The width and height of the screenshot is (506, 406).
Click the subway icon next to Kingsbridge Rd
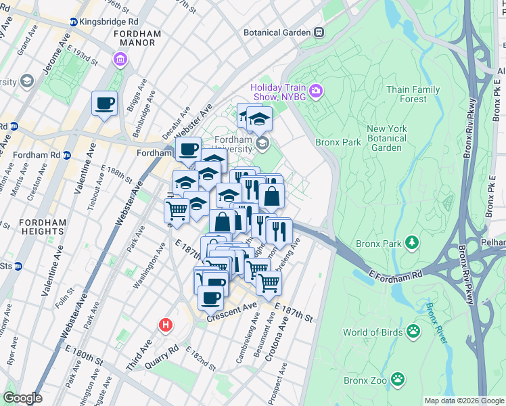(x=73, y=22)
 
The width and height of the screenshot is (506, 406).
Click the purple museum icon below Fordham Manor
(x=120, y=60)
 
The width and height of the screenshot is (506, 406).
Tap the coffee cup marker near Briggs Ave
(x=104, y=104)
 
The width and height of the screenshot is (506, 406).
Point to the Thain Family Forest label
(x=413, y=94)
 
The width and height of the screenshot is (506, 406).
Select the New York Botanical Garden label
(x=394, y=138)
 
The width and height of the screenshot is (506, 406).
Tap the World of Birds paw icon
(x=413, y=332)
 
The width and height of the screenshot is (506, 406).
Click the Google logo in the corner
(x=22, y=397)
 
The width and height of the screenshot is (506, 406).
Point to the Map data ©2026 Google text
(x=463, y=401)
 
